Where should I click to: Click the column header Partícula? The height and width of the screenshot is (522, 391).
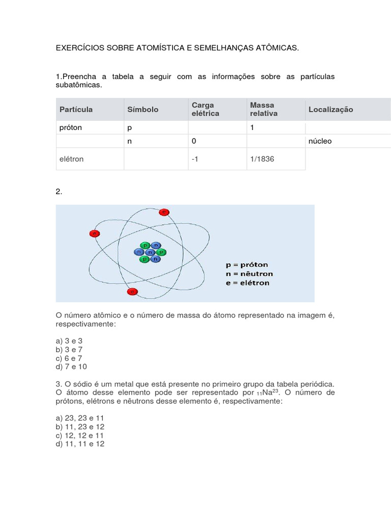pyautogui.click(x=76, y=109)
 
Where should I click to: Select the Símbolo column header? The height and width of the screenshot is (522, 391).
pyautogui.click(x=143, y=109)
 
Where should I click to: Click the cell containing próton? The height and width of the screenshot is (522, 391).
pyautogui.click(x=71, y=127)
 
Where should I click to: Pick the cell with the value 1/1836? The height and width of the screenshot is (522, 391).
pyautogui.click(x=262, y=159)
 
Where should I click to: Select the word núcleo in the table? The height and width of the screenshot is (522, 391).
pyautogui.click(x=320, y=141)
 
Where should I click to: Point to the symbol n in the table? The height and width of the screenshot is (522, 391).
pyautogui.click(x=129, y=141)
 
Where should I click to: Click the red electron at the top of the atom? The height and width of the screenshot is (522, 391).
pyautogui.click(x=164, y=212)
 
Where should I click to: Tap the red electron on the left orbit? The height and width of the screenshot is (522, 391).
pyautogui.click(x=94, y=233)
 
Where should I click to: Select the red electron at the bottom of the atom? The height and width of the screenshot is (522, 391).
pyautogui.click(x=132, y=292)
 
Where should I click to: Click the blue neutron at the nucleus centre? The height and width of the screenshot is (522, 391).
pyautogui.click(x=150, y=252)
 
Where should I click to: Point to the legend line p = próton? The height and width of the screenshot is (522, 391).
pyautogui.click(x=247, y=265)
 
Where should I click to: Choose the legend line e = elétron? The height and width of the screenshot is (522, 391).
pyautogui.click(x=247, y=282)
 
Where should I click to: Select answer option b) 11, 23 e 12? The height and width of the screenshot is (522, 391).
pyautogui.click(x=80, y=427)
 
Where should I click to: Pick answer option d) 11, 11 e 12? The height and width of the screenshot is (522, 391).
pyautogui.click(x=80, y=444)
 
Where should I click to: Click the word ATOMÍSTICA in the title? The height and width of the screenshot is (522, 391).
pyautogui.click(x=160, y=47)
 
